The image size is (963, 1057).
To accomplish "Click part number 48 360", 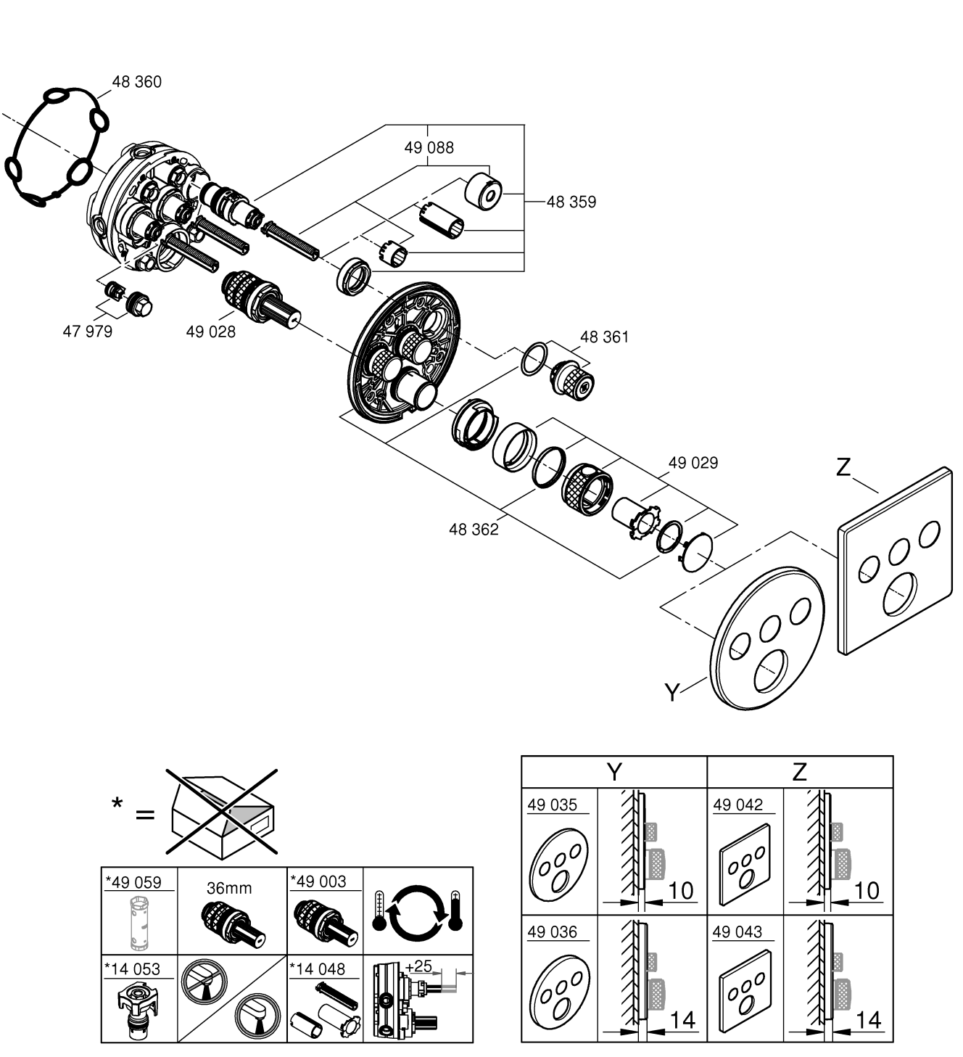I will pos(136,82).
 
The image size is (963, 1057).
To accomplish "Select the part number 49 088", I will pos(429,147).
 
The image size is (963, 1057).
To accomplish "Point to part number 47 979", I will pos(88,332).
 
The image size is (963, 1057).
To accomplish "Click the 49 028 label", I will pos(210,332).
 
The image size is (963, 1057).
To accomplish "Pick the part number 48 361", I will pos(604,337).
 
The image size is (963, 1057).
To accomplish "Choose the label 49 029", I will pos(693,462).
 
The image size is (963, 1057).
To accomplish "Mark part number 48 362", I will pos(474,530).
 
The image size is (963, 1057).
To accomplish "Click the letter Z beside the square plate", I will pos(843,467).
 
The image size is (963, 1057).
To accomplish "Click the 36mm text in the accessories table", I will pos(229,888).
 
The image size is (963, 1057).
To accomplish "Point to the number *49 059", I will pos(133,882).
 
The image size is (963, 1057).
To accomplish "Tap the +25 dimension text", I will pos(418,966).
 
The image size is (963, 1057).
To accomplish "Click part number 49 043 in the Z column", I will pos(737,932).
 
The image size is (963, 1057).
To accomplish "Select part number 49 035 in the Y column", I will pos(553,805).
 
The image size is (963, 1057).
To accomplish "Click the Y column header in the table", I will pos(613,771).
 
